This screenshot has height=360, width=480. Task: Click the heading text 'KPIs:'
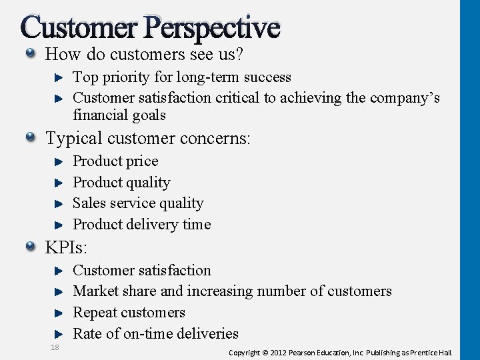(67, 248)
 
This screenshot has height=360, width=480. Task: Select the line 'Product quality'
(121, 183)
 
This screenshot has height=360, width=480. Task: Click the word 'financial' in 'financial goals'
(99, 115)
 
